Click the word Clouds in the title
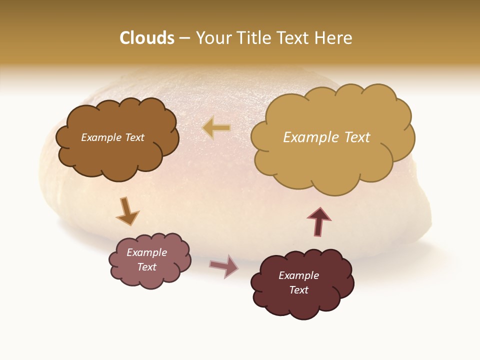[147, 38]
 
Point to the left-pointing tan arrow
[216, 128]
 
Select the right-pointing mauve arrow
[224, 265]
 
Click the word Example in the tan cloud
[307, 137]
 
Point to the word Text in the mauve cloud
[146, 267]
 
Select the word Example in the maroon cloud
[298, 275]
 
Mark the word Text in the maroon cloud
[298, 290]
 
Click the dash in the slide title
[184, 38]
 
